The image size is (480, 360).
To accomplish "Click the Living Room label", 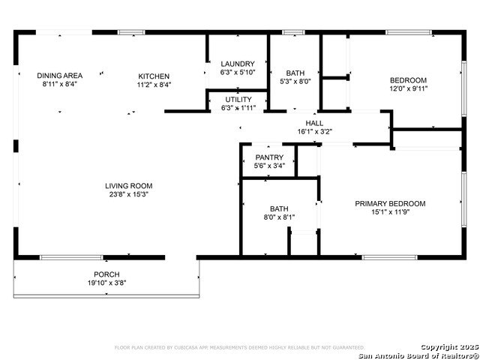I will point(128,186).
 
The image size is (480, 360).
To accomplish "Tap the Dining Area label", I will point(60,76).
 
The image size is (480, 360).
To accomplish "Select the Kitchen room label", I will point(154,76).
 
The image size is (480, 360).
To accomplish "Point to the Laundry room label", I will point(238,64).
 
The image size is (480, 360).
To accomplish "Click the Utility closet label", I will point(238,99).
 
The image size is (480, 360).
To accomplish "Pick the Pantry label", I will point(268,157).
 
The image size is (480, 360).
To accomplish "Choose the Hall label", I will point(314,123).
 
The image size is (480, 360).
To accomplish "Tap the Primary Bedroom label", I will point(390,203).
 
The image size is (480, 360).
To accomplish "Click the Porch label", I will point(106,274).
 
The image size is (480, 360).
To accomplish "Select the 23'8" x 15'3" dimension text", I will point(128,195).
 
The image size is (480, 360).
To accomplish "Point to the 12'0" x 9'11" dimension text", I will point(408,89).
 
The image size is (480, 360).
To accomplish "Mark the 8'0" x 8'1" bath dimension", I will point(279,217).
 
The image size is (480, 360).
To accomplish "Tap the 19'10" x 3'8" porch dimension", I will point(106,283).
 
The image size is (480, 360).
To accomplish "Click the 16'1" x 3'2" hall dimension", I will point(314,132).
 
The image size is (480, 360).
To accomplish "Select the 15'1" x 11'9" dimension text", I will point(390,212).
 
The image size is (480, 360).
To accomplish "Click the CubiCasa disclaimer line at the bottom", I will point(239,347).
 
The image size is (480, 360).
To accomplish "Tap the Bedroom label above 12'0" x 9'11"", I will point(408,80).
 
